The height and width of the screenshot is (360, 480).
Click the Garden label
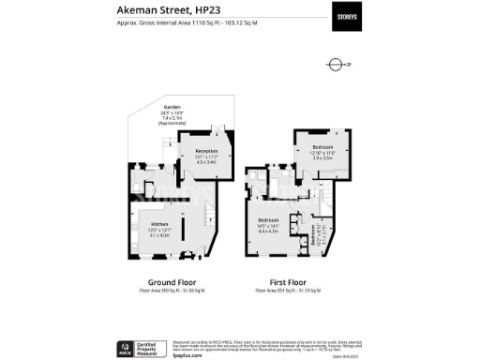pyautogui.click(x=171, y=108)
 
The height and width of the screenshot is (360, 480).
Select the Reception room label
pyautogui.click(x=205, y=152)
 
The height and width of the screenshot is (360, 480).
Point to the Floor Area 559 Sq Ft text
pyautogui.click(x=172, y=292)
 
